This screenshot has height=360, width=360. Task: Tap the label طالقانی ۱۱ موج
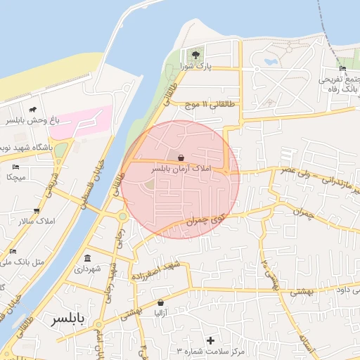(209, 105)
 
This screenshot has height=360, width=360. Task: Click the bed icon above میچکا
(15, 167)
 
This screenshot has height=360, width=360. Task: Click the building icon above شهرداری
(87, 258)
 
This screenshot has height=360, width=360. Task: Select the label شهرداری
(88, 269)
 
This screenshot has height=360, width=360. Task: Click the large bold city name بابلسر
(67, 319)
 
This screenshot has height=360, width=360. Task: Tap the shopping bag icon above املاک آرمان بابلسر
(181, 158)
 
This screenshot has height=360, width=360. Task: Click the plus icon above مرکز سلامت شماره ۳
(210, 340)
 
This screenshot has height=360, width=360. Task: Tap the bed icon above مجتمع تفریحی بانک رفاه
(342, 68)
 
